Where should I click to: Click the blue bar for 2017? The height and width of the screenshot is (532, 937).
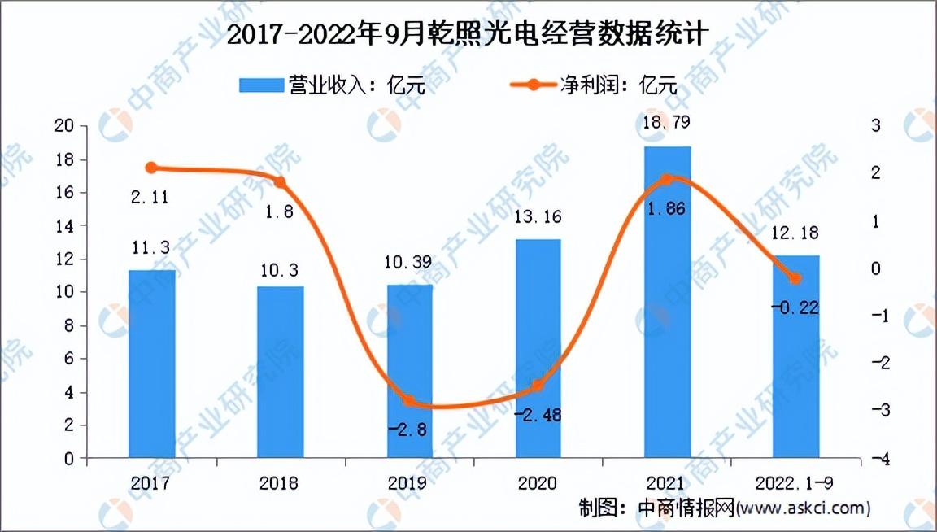pyautogui.click(x=152, y=364)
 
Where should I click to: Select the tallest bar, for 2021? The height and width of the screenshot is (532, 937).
pyautogui.click(x=668, y=302)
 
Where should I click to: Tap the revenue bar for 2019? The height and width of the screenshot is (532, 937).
pyautogui.click(x=409, y=371)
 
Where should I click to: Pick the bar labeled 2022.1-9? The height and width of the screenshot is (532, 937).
pyautogui.click(x=796, y=357)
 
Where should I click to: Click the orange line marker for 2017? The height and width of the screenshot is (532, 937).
pyautogui.click(x=151, y=168)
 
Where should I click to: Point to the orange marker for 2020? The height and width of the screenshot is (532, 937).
pyautogui.click(x=538, y=386)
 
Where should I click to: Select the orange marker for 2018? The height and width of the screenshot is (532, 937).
pyautogui.click(x=280, y=182)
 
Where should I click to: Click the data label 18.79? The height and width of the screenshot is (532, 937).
pyautogui.click(x=666, y=123)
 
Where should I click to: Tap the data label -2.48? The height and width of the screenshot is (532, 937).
pyautogui.click(x=538, y=414)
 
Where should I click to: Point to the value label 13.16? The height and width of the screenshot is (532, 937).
pyautogui.click(x=538, y=216)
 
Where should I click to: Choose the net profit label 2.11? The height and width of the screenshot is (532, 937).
pyautogui.click(x=150, y=197)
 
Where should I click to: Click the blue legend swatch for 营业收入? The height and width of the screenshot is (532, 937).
pyautogui.click(x=261, y=85)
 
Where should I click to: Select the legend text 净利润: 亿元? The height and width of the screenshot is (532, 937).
pyautogui.click(x=618, y=85)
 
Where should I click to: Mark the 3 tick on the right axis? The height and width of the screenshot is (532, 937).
pyautogui.click(x=875, y=125)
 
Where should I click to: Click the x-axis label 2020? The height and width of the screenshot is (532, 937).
pyautogui.click(x=537, y=483)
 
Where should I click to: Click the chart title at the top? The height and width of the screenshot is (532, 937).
pyautogui.click(x=468, y=34)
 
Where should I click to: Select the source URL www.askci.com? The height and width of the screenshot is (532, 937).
pyautogui.click(x=803, y=508)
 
